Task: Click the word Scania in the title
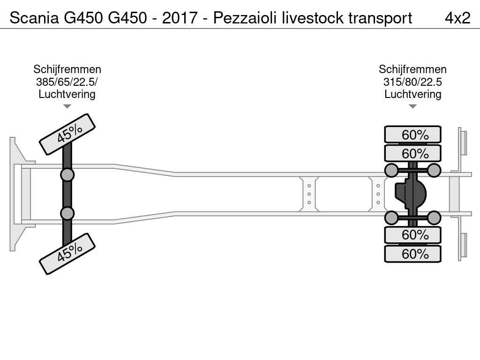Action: [x=34, y=18]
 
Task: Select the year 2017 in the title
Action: [x=180, y=18]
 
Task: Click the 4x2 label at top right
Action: [x=457, y=18]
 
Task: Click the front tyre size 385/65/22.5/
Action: [x=67, y=82]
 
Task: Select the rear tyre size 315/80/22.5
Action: [x=412, y=82]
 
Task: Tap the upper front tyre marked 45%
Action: [x=67, y=134]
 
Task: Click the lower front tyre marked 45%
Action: [x=67, y=254]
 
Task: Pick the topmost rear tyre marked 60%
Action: [x=412, y=135]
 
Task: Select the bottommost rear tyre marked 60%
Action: [x=412, y=254]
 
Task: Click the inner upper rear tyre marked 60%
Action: [x=412, y=153]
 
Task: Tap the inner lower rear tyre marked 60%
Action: [x=412, y=235]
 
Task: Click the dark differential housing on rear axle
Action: [x=410, y=194]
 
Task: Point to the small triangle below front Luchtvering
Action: [x=67, y=106]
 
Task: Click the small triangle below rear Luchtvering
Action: [x=412, y=106]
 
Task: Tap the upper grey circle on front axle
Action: [x=67, y=175]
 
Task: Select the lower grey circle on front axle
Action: [x=67, y=213]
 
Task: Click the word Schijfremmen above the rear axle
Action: [x=412, y=69]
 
